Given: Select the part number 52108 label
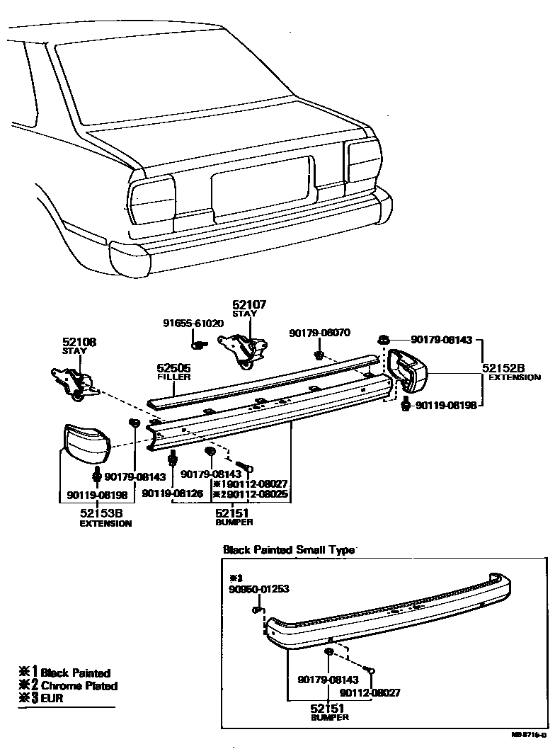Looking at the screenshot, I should click(x=79, y=342).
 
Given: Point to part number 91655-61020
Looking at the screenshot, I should click(x=193, y=323).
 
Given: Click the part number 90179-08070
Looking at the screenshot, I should click(x=319, y=332).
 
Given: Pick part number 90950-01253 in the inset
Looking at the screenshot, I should click(x=259, y=588).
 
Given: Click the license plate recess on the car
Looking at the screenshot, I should click(x=261, y=182).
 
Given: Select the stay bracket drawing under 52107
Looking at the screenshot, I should click(x=244, y=350).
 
